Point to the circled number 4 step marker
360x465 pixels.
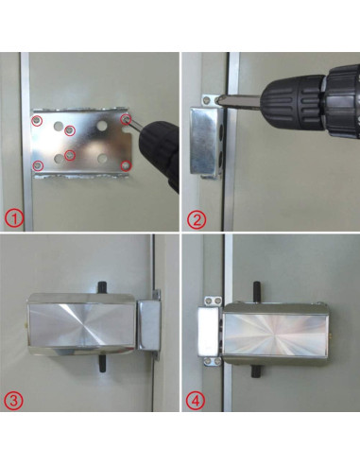[x=197, y=400]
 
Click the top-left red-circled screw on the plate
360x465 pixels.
[x=37, y=121]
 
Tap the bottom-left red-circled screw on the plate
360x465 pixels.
[x=38, y=166]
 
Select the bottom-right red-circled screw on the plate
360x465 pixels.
[x=127, y=165]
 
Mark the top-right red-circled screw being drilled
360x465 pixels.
[x=127, y=118]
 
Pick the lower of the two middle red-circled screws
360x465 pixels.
[x=69, y=155]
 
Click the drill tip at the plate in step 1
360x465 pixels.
[x=134, y=122]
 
